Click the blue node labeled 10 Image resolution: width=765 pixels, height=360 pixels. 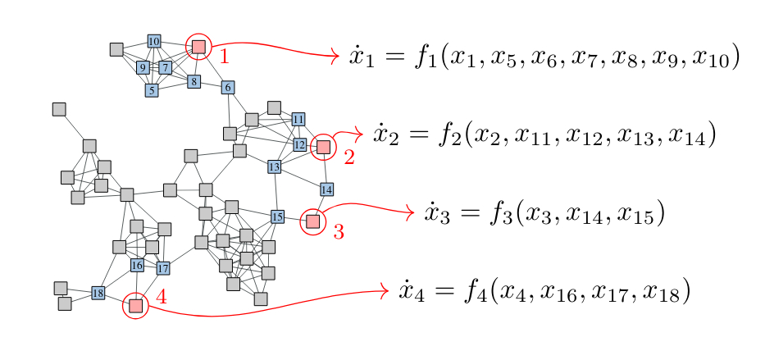point(154,41)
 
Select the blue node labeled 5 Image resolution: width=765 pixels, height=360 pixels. point(152,90)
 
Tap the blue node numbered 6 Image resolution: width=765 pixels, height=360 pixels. point(228,87)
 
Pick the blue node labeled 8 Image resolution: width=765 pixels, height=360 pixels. point(194,81)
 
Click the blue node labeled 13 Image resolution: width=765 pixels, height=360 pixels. point(275,167)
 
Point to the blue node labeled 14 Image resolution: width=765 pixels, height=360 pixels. point(326,190)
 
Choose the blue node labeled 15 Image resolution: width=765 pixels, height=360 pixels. point(277,216)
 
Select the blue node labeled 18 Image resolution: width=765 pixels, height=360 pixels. point(98,293)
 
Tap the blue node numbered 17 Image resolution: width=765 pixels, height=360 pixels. point(162,268)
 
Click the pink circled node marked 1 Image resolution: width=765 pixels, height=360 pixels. point(198,47)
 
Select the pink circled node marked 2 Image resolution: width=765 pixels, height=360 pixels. point(323,147)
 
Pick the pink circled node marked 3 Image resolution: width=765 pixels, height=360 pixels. point(312,221)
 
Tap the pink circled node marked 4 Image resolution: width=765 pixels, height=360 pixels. point(136,306)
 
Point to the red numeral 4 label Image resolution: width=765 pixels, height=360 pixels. point(162,297)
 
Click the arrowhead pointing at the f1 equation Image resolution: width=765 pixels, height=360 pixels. point(334,56)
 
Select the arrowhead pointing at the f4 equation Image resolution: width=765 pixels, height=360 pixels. point(382,290)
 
